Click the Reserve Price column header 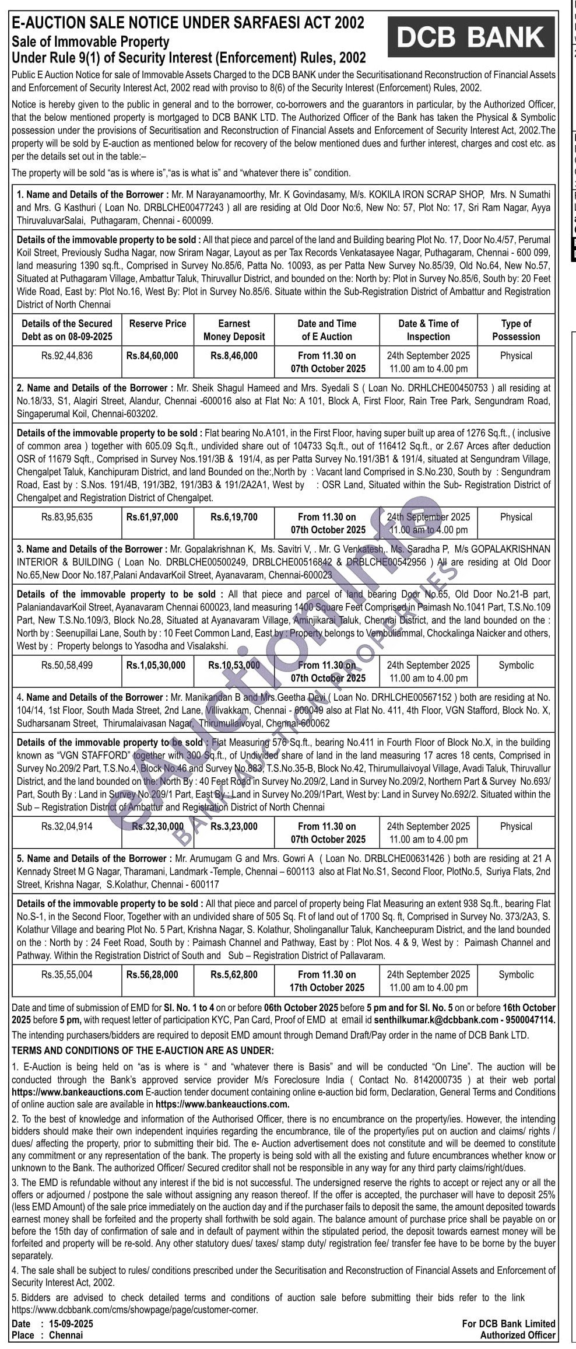(157, 323)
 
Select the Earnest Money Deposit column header (234, 330)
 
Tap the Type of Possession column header (516, 330)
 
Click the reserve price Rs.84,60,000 (152, 355)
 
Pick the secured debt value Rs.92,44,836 (67, 355)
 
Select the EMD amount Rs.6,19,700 (234, 517)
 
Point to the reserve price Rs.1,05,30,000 (156, 665)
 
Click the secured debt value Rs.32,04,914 (67, 826)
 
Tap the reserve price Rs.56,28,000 (152, 974)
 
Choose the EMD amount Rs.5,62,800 (234, 974)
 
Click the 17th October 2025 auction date (327, 987)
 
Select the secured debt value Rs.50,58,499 (67, 665)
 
